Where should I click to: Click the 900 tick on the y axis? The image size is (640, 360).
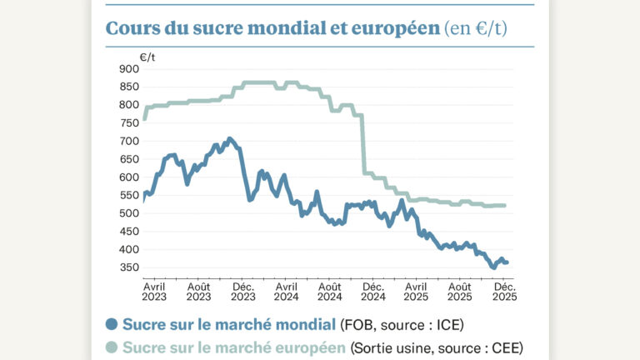[x=129, y=68]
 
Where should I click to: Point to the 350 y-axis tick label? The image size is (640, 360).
[x=129, y=267]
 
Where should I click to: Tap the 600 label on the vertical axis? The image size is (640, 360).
[x=129, y=177]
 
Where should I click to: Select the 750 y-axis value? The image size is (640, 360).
[x=129, y=122]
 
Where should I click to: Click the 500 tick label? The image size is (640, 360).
[x=129, y=213]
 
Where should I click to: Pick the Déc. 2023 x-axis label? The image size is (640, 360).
[x=243, y=291]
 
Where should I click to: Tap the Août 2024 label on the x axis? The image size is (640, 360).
[x=330, y=291]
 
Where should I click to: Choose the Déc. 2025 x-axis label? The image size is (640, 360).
[x=504, y=291]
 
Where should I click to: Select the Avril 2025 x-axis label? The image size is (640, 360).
[x=417, y=291]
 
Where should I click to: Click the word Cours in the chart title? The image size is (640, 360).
[x=130, y=28]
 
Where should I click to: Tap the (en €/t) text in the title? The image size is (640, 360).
[x=477, y=29]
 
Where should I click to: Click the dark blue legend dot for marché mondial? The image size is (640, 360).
[x=112, y=324]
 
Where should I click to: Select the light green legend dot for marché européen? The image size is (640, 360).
[x=112, y=347]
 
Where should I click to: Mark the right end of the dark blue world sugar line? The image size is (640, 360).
[x=507, y=262]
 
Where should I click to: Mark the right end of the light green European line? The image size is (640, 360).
[x=505, y=206]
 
